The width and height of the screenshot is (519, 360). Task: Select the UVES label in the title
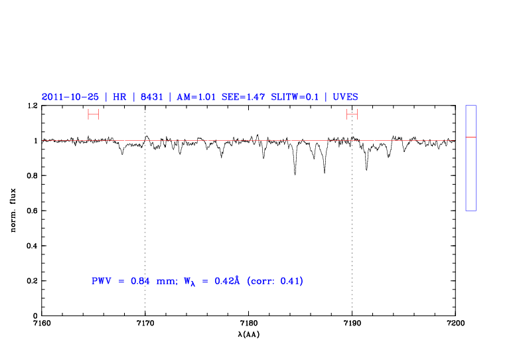[346, 96]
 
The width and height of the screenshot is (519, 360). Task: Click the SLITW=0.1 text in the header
[294, 96]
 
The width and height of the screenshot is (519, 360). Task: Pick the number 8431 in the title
[151, 96]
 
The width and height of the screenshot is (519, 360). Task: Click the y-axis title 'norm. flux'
[14, 211]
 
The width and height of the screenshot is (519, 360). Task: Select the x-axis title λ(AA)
[249, 334]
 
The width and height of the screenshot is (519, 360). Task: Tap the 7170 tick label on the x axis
[145, 323]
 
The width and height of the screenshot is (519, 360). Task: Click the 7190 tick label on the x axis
[352, 323]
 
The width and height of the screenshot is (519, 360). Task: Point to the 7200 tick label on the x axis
[455, 323]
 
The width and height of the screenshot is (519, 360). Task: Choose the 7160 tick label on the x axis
[42, 323]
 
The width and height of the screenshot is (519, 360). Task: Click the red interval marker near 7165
[94, 114]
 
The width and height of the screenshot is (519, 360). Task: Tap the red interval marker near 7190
[352, 114]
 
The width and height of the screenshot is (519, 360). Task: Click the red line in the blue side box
[471, 137]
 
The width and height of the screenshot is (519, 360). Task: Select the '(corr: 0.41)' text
[275, 281]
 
